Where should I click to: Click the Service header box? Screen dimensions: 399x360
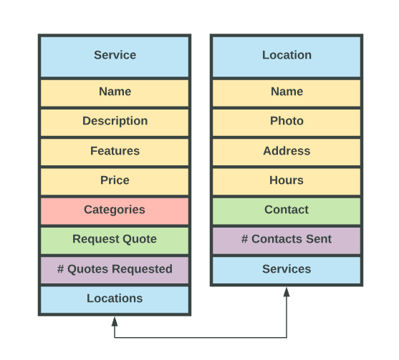pos(115,57)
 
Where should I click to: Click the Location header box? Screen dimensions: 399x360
pos(287,57)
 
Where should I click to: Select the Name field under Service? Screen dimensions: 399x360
pos(115,93)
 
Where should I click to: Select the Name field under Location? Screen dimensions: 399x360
pos(287,93)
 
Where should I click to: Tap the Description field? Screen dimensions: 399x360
pos(115,122)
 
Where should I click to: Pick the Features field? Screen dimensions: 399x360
pos(115,152)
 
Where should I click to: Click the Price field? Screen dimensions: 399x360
pos(115,182)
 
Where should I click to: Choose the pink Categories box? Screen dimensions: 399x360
pos(115,211)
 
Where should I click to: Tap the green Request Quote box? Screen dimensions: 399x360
pos(115,240)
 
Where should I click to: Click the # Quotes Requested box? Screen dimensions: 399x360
pos(115,270)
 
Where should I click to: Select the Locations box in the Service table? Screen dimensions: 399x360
pos(115,300)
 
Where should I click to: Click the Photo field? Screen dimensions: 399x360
pos(287,122)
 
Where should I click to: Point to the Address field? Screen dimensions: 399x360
pos(287,152)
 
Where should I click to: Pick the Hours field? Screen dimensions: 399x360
pos(287,182)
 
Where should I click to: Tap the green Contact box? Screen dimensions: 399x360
pos(287,211)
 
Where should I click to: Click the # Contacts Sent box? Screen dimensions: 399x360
pos(287,240)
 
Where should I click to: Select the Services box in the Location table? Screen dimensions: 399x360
pos(287,270)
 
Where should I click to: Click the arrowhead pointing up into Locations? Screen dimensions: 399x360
pos(115,321)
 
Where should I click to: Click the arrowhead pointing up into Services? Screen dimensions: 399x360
pos(287,292)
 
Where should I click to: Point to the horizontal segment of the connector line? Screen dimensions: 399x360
pos(201,338)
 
